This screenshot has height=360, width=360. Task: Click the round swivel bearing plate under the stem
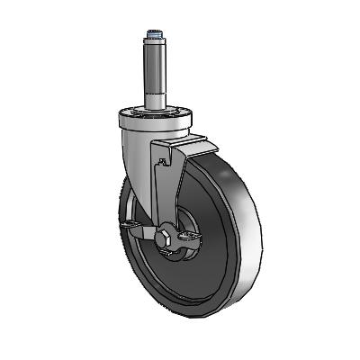[155, 116]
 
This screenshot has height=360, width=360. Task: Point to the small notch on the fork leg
[163, 161]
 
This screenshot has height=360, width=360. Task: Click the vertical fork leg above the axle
[166, 193]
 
